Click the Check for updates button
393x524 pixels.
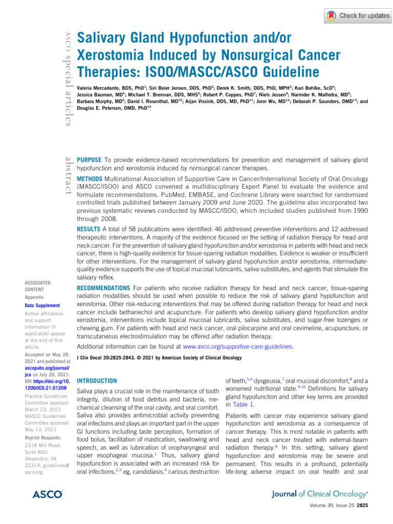pyautogui.click(x=358, y=16)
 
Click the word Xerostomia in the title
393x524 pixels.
pyautogui.click(x=114, y=54)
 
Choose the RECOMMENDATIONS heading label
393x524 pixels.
pyautogui.click(x=102, y=288)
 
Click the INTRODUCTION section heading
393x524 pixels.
pyautogui.click(x=96, y=381)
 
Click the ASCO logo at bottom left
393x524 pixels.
pyautogui.click(x=47, y=494)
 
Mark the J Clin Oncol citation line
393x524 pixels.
pyautogui.click(x=159, y=358)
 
